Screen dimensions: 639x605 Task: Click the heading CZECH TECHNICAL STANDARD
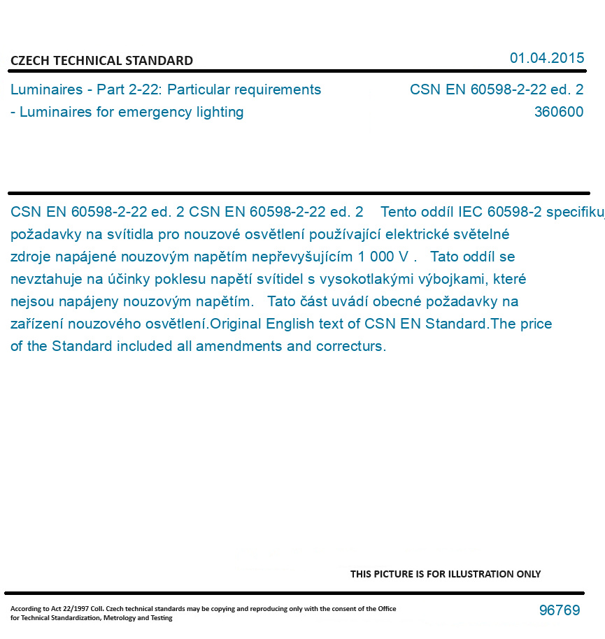pos(101,61)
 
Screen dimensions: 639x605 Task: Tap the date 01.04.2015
pos(547,58)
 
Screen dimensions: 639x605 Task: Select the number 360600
pos(558,112)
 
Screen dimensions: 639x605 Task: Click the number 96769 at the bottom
pos(560,610)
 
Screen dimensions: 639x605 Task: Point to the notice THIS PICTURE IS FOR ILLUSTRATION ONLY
pos(446,574)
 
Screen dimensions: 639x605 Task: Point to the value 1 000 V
pos(387,257)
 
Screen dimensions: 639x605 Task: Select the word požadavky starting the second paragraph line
pos(43,234)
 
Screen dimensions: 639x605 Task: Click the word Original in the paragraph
pos(236,324)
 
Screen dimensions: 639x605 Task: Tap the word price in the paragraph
pos(536,324)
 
